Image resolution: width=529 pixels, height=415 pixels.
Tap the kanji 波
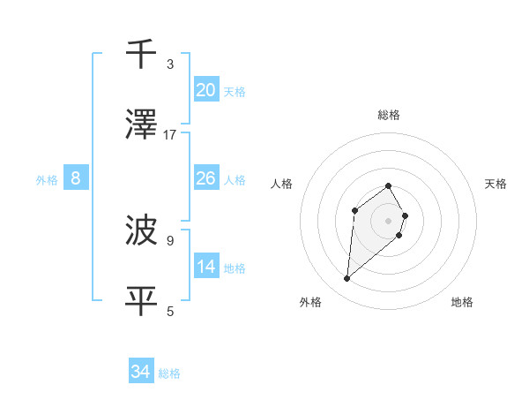(142, 230)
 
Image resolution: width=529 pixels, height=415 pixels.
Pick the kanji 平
(142, 301)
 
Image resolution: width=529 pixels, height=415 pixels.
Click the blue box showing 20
(206, 89)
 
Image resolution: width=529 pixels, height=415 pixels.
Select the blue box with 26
(206, 178)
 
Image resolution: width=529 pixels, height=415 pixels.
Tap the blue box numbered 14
(206, 267)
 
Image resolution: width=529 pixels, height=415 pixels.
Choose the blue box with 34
(141, 372)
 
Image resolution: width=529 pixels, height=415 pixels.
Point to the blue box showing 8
(76, 178)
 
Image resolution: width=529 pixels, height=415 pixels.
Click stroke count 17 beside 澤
(170, 135)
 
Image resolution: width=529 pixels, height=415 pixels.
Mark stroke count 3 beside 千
(170, 64)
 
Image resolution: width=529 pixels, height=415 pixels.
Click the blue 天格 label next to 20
(235, 91)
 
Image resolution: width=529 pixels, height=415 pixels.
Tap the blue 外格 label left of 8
(47, 180)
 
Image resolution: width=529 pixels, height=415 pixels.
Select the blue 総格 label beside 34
(169, 373)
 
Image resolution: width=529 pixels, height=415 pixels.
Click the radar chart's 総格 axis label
(389, 115)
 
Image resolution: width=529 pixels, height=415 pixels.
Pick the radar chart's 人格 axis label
(281, 184)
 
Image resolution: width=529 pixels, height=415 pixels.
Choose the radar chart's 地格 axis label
(462, 302)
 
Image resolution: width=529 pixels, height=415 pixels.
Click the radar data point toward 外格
(347, 279)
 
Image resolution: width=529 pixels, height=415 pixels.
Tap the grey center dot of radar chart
(389, 220)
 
